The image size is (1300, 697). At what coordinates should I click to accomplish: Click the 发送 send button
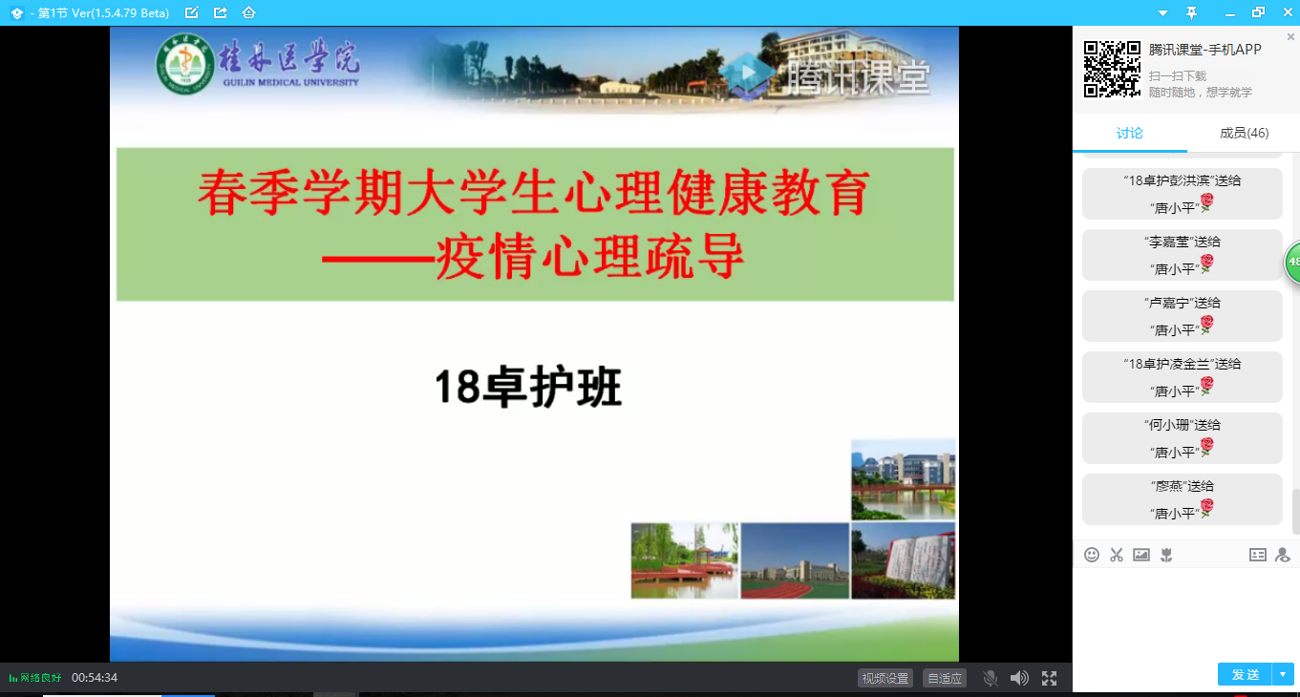(x=1245, y=674)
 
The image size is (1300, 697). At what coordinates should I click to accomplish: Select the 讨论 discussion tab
(x=1129, y=134)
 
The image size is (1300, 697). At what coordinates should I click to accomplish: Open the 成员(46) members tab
(x=1244, y=134)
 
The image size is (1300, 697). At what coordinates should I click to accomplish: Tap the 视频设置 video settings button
(x=885, y=678)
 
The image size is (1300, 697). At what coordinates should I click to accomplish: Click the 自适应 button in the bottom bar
(x=945, y=678)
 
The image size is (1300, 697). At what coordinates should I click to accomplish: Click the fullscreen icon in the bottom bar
(x=1049, y=678)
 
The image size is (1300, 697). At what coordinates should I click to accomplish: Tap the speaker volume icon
(x=1019, y=678)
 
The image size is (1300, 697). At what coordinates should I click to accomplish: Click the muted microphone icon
(x=991, y=678)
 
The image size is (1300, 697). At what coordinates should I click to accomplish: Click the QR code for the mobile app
(x=1112, y=69)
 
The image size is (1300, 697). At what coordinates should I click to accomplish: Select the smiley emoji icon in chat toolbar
(x=1092, y=555)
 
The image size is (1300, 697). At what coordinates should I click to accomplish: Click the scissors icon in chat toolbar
(x=1117, y=555)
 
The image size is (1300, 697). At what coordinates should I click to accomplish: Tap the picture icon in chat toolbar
(x=1141, y=555)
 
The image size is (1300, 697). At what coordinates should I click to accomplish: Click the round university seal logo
(x=185, y=64)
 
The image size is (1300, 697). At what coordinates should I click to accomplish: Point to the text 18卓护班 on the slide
(x=528, y=387)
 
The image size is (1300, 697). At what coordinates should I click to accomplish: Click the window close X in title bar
(x=1288, y=12)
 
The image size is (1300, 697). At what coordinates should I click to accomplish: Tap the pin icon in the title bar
(x=1191, y=12)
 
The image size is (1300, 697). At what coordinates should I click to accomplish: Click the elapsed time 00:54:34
(x=95, y=678)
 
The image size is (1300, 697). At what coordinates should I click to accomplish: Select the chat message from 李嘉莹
(x=1183, y=255)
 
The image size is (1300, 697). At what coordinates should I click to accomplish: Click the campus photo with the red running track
(x=795, y=560)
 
